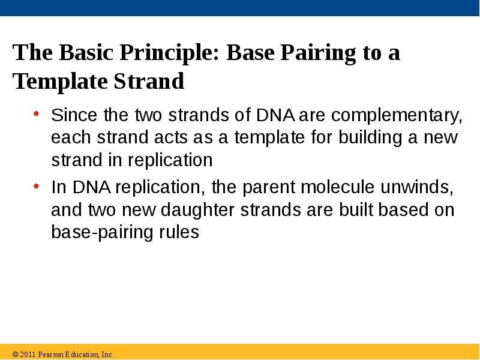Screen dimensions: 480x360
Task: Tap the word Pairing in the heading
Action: coord(318,53)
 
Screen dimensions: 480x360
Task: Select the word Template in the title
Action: coord(60,82)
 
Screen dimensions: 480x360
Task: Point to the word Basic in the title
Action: coord(86,52)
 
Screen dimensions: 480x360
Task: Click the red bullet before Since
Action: coord(37,114)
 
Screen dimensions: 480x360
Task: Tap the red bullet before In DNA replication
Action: coord(37,186)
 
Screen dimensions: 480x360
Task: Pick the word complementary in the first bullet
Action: coord(397,116)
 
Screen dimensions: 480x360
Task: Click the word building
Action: coord(370,137)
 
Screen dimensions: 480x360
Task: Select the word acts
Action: coord(171,138)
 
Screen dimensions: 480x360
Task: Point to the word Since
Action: coord(74,115)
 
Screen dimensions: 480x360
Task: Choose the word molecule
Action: coord(337,187)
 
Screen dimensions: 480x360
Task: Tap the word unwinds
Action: coord(417,187)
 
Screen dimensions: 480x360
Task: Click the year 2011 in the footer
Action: coord(28,355)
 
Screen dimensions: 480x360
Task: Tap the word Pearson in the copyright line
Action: coord(51,355)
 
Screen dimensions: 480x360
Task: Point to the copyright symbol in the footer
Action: coord(16,355)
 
